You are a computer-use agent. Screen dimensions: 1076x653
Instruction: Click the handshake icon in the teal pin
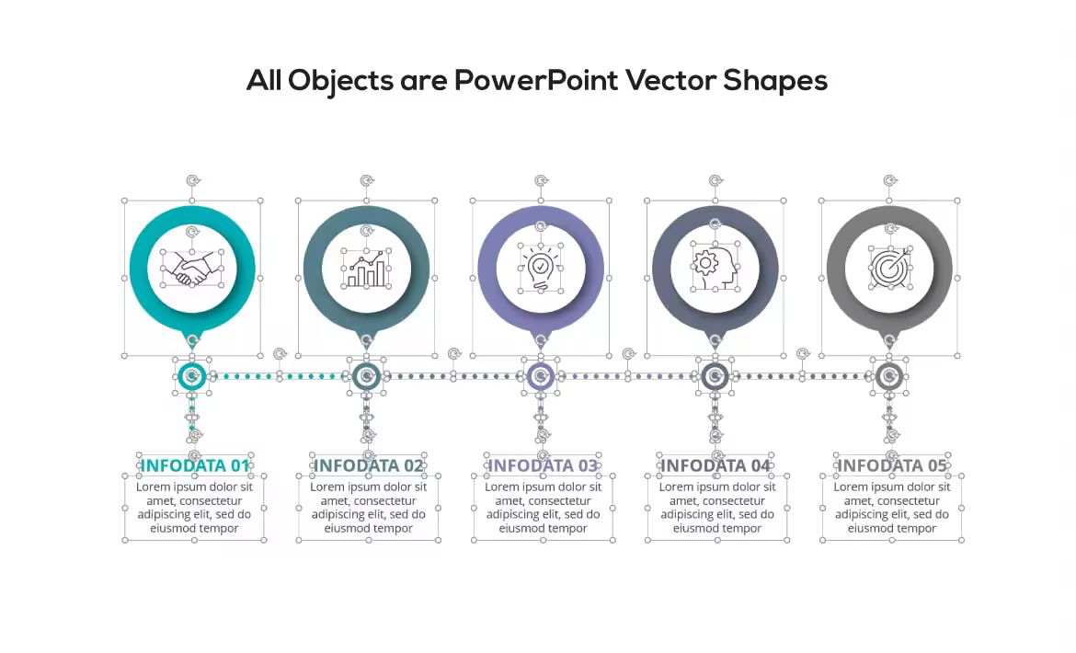192,269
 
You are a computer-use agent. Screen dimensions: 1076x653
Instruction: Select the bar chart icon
366,269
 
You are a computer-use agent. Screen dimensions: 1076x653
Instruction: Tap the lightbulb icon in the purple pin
541,269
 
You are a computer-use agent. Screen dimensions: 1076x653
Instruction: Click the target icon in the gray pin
890,269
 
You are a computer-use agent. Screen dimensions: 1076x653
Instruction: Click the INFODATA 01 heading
194,465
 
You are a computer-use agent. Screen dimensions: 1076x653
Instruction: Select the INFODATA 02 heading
369,465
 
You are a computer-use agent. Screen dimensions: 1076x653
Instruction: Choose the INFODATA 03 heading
543,465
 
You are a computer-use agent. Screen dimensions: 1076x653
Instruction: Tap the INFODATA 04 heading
715,465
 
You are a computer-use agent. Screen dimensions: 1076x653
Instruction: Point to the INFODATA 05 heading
891,465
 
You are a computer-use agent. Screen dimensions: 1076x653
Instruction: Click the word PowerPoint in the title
536,80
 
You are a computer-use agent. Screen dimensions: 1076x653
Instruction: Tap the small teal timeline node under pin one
192,376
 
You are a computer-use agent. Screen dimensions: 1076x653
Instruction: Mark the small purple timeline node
541,376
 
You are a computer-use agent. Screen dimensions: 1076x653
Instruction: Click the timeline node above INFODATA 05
890,376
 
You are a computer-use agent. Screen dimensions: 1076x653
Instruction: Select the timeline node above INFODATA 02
366,376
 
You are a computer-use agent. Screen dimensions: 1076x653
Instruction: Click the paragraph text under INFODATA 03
543,508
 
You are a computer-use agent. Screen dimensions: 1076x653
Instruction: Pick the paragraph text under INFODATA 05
891,508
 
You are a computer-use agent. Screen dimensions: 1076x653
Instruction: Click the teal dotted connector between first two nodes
280,376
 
